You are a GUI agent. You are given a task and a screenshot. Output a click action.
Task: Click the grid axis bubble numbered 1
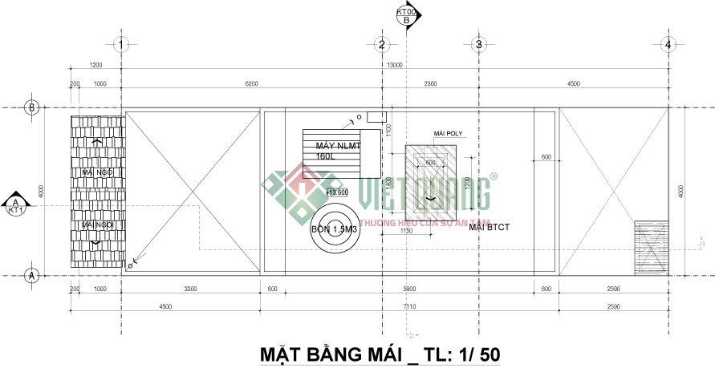point(120,45)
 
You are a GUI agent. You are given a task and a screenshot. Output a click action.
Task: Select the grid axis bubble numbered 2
point(382,45)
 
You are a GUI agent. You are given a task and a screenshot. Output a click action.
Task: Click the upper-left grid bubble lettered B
point(33,107)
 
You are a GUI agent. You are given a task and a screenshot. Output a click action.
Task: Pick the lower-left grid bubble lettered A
point(33,275)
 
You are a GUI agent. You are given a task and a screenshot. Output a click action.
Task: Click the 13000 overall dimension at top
point(395,65)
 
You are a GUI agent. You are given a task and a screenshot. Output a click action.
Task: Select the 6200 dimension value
point(251,83)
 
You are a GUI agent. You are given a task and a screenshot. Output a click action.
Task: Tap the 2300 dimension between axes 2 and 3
point(430,83)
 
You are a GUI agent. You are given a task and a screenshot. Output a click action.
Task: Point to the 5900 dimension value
point(409,289)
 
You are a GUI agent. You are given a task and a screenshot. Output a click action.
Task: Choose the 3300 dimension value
point(191,289)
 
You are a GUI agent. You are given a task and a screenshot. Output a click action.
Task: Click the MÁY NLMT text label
point(338,146)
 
